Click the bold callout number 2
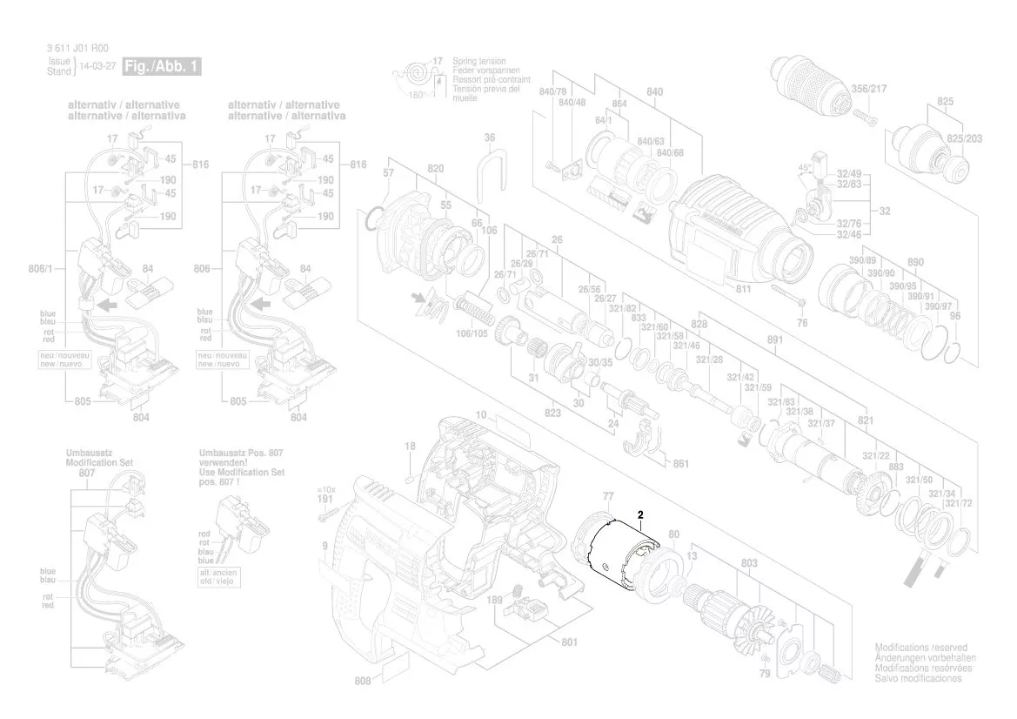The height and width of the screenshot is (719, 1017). pyautogui.click(x=641, y=514)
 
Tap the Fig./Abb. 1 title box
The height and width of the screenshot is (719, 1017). pyautogui.click(x=162, y=66)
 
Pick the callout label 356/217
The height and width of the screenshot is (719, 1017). pyautogui.click(x=868, y=89)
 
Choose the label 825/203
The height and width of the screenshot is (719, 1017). pyautogui.click(x=965, y=138)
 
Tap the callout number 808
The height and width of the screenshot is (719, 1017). pyautogui.click(x=364, y=682)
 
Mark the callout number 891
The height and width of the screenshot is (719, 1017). pyautogui.click(x=775, y=342)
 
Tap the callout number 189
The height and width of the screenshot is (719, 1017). pyautogui.click(x=495, y=601)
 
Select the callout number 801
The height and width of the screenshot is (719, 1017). pyautogui.click(x=569, y=643)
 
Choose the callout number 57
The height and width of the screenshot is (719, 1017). pyautogui.click(x=388, y=173)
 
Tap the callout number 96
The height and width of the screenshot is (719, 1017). pyautogui.click(x=954, y=316)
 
